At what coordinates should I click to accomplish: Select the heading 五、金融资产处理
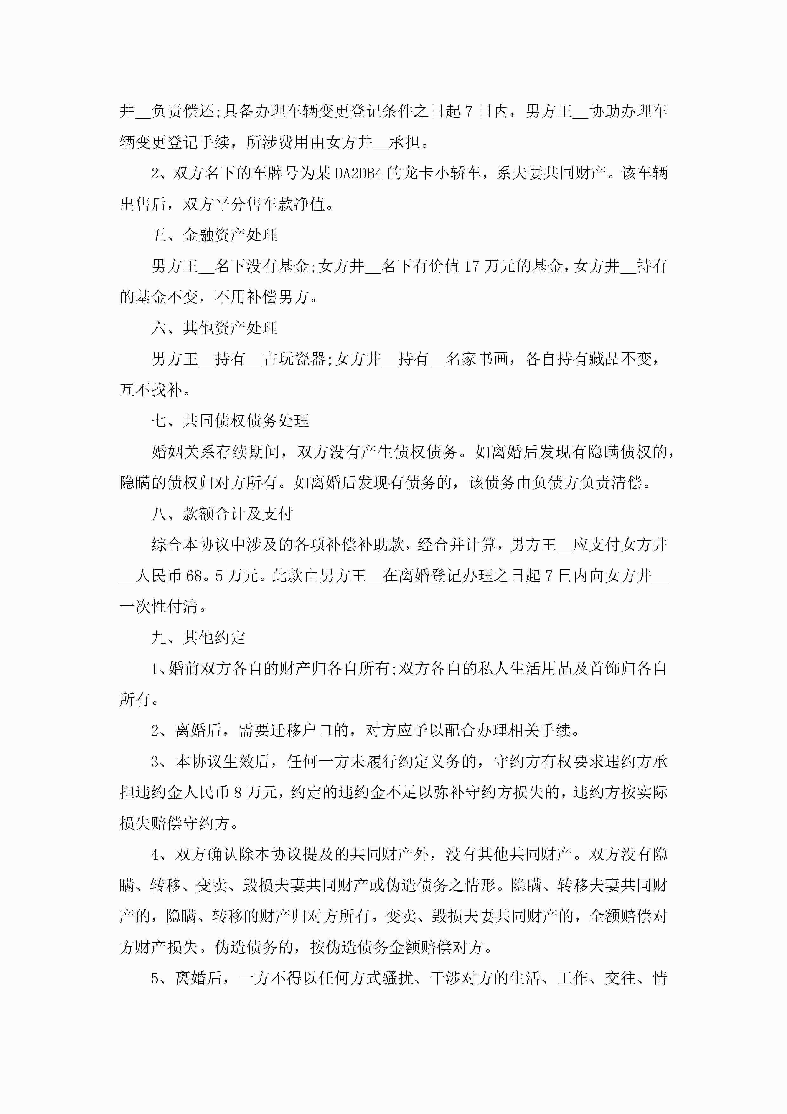click(x=214, y=235)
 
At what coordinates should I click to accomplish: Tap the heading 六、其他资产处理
click(x=214, y=328)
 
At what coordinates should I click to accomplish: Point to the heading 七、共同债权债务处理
click(x=230, y=421)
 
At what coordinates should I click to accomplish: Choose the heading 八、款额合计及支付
click(x=222, y=514)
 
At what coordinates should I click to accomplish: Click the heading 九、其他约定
click(x=198, y=638)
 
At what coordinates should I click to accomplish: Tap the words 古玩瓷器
click(x=294, y=359)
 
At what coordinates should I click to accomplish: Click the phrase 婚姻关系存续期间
click(x=216, y=452)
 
